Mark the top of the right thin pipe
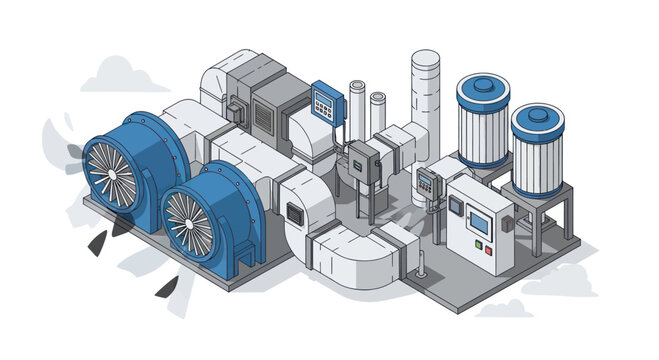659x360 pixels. pos(378,97)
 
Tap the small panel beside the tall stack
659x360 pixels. pos(427,182)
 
